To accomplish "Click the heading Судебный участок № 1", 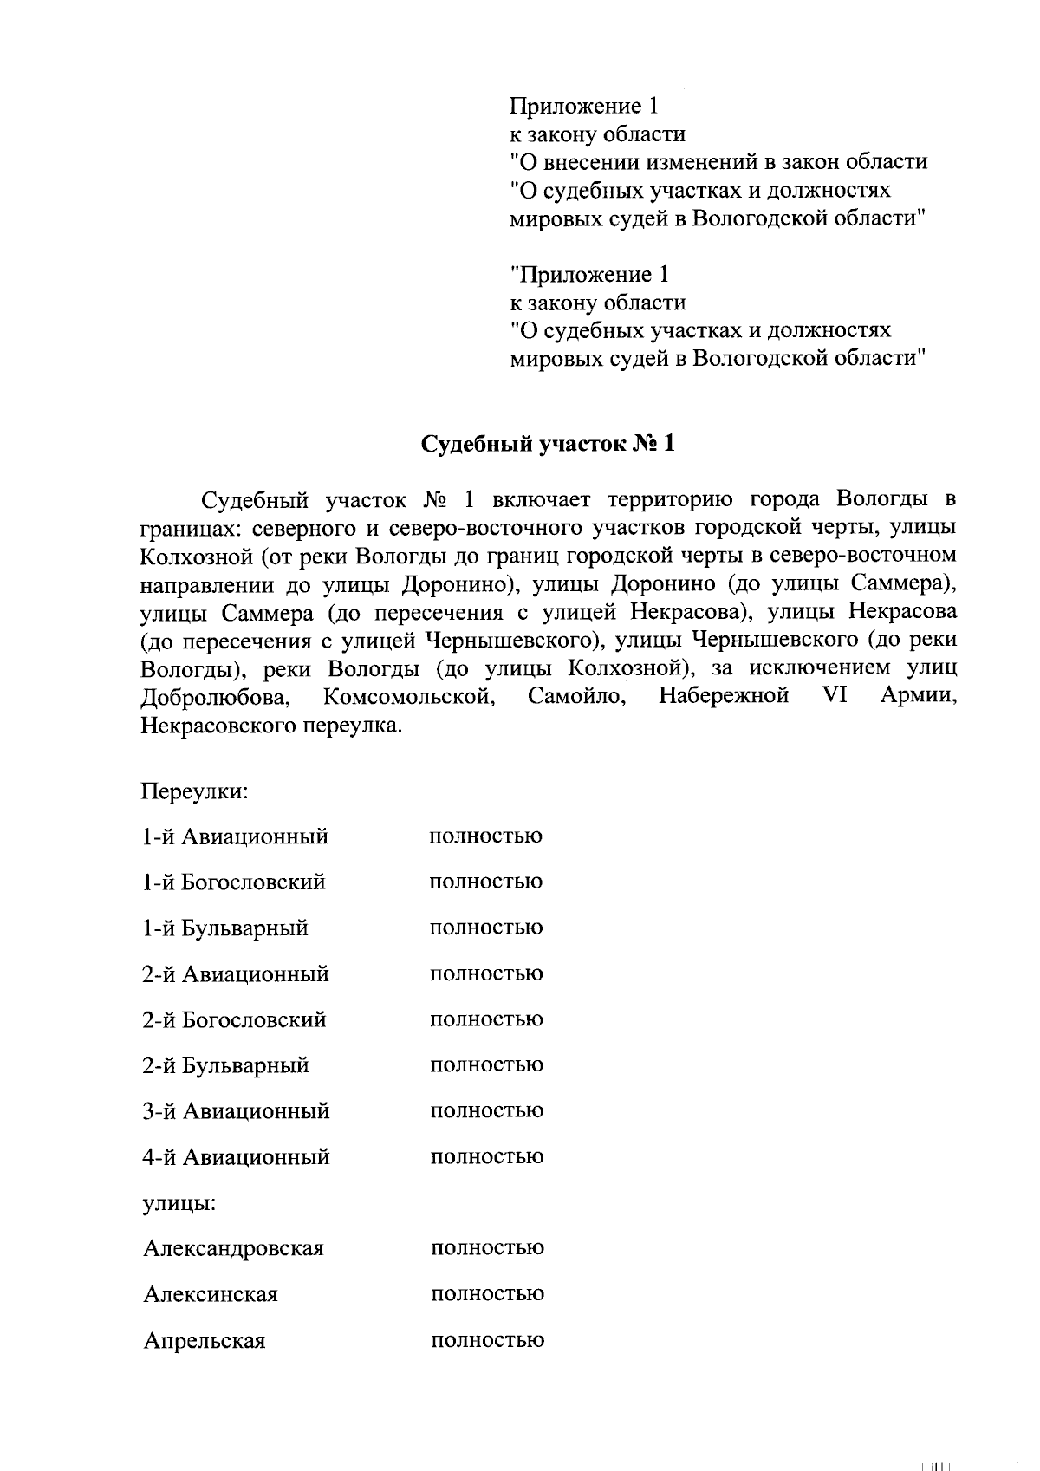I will coord(547,445).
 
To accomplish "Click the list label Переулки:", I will coord(195,791).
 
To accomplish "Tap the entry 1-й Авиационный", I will coord(235,837).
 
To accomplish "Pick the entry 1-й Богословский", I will coord(234,882).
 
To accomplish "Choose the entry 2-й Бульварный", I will coord(225,1065).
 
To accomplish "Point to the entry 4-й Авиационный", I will coord(236,1157).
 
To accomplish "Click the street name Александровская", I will coord(233,1249).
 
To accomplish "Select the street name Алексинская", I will coord(211,1295).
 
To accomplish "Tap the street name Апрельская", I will coord(205,1341).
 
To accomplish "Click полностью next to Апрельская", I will coord(487,1341).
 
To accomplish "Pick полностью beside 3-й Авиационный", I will coord(487,1111).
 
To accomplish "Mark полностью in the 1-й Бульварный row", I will coord(486,928).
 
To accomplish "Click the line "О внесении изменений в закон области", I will coord(718,162).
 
